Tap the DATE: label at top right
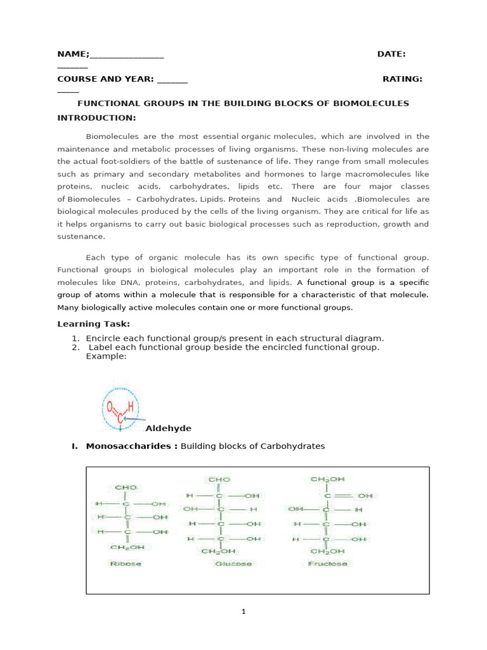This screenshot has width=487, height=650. tap(391, 55)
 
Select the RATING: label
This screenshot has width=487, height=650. tap(402, 79)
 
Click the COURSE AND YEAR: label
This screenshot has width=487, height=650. tap(105, 79)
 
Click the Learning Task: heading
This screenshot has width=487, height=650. tap(94, 324)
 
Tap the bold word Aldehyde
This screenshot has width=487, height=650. tap(168, 428)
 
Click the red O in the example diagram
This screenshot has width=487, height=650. tap(110, 406)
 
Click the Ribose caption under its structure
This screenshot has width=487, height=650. tap(126, 564)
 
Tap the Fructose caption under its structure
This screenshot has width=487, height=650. tap(327, 564)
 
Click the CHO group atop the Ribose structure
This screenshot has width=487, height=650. tap(126, 487)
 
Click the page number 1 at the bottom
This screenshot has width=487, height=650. tap(243, 612)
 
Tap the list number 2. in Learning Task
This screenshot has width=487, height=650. tap(75, 347)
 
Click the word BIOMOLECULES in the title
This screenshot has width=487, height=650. tap(371, 103)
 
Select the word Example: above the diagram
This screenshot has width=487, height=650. tap(106, 356)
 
